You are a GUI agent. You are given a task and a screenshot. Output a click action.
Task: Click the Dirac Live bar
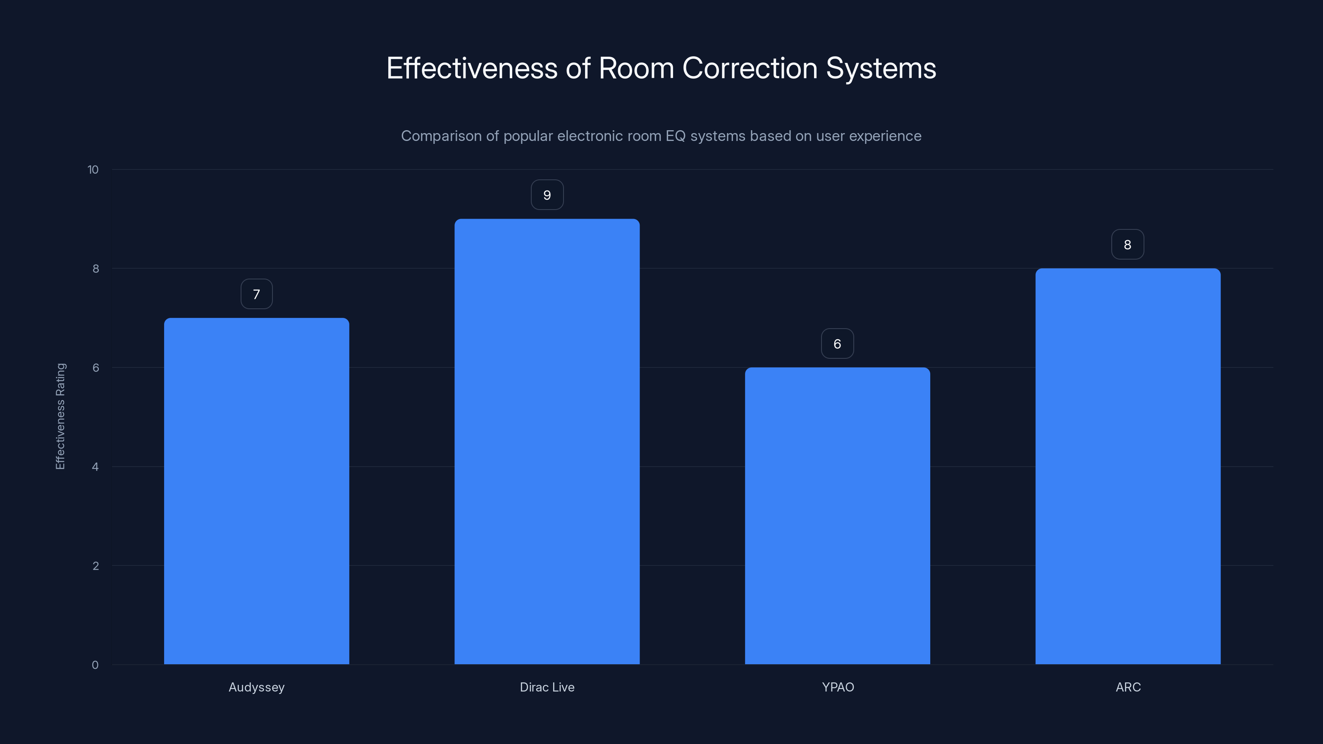point(547,441)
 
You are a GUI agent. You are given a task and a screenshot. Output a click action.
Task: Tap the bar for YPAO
point(837,515)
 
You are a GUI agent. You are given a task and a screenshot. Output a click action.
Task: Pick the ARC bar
point(1128,466)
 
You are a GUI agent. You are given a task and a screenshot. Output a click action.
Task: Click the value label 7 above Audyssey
point(256,294)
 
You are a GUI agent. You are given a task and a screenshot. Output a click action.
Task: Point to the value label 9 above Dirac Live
point(547,195)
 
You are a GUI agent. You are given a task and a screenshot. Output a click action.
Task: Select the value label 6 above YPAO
point(837,344)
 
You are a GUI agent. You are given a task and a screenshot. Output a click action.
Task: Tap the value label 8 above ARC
point(1127,245)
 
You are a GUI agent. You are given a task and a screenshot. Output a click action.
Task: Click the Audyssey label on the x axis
point(256,687)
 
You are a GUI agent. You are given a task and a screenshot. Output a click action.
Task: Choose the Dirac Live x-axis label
point(547,687)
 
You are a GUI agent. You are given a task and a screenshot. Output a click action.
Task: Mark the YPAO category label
point(838,687)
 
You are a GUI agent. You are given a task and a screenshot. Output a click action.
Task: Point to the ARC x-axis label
point(1128,687)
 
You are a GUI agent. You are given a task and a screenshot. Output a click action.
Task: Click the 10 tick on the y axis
point(93,170)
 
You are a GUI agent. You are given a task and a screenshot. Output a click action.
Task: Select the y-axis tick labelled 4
point(95,467)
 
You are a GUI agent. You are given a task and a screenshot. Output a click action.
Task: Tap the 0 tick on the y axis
point(95,665)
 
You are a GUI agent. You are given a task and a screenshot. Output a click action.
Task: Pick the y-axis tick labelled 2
point(95,566)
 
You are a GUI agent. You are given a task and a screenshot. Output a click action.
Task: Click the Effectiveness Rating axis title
point(60,416)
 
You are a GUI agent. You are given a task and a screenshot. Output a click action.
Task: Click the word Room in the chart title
point(636,68)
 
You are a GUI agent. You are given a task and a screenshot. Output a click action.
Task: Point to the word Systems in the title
point(881,68)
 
